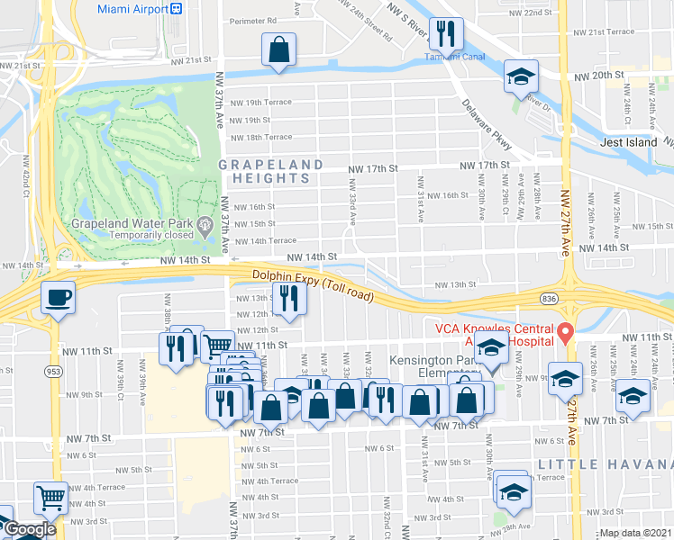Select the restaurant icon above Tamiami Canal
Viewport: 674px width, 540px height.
445,35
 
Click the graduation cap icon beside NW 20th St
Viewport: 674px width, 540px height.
520,76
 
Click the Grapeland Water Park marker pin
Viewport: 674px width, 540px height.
207,223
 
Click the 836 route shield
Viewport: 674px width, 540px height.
548,297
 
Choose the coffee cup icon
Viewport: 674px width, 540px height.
59,298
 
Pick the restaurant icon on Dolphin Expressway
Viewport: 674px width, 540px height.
288,301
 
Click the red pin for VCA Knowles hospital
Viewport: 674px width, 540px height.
565,333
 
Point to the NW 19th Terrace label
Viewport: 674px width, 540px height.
262,102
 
